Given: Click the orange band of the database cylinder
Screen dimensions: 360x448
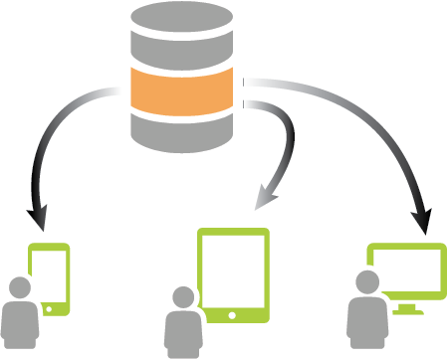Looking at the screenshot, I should [187, 92].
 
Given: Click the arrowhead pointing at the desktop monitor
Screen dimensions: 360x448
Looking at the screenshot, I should [424, 221].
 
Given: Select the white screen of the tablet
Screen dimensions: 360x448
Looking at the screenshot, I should [234, 270].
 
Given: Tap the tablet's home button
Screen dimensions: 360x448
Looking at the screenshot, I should [234, 313].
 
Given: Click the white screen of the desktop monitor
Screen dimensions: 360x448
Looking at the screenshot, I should [405, 270].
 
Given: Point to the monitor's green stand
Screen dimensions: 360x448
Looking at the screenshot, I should [406, 307].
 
